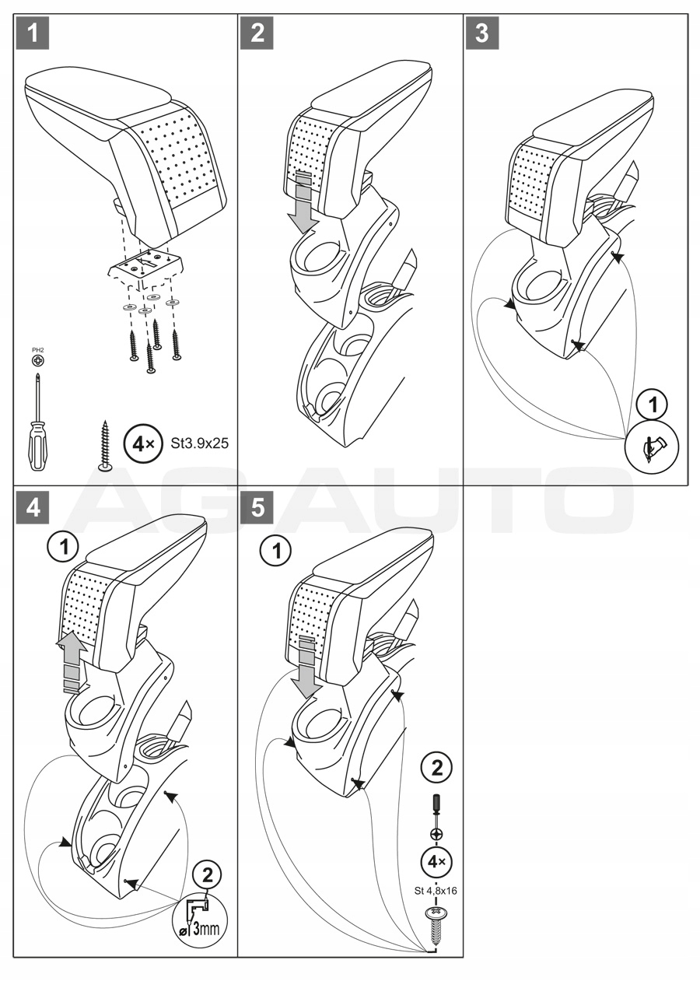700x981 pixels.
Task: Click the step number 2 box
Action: pos(257,33)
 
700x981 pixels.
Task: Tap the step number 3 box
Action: pos(482,33)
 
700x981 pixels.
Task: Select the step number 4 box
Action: pos(33,507)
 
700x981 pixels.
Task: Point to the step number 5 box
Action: pos(257,507)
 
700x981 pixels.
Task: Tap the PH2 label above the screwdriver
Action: pos(37,351)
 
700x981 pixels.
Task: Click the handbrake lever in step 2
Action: pos(409,269)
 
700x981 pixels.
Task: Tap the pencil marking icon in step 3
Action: pos(653,447)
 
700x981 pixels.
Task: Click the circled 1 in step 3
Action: pos(653,405)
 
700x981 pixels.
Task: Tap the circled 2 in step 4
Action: pos(207,874)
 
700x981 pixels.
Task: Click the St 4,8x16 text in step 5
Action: pos(435,891)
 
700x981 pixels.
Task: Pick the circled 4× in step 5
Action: pos(436,862)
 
